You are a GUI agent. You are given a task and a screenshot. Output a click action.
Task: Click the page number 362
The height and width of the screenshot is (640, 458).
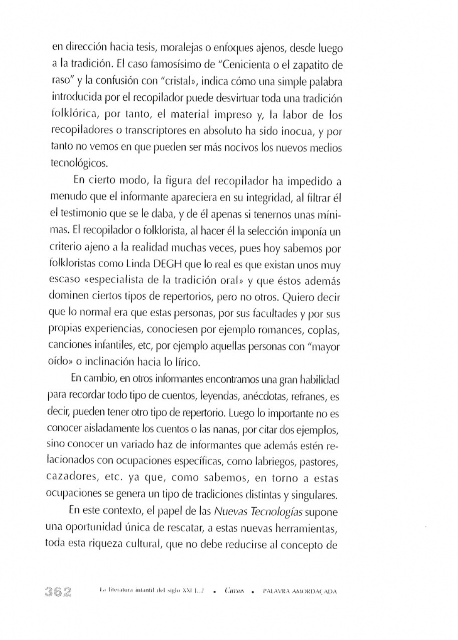(57, 592)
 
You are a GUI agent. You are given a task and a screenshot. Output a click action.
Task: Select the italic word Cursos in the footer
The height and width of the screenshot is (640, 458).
(234, 592)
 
